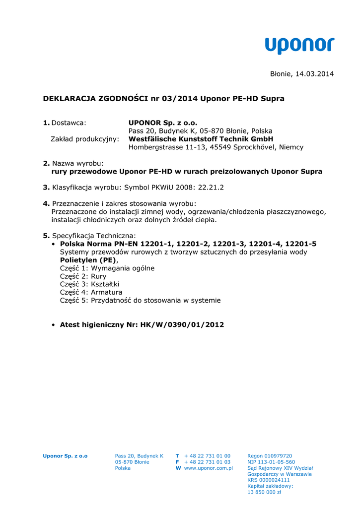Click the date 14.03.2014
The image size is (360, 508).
pyautogui.click(x=315, y=74)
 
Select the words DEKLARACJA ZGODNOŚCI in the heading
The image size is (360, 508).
pyautogui.click(x=95, y=99)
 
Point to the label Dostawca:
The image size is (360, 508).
pyautogui.click(x=69, y=123)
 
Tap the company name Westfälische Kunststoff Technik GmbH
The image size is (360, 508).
pyautogui.click(x=201, y=139)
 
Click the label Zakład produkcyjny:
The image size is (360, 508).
pyautogui.click(x=85, y=139)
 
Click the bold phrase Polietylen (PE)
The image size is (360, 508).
pyautogui.click(x=88, y=260)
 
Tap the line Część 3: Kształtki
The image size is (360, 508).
pyautogui.click(x=89, y=284)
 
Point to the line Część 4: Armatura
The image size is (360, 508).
pyautogui.click(x=91, y=292)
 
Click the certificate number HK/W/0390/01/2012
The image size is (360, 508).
pyautogui.click(x=182, y=325)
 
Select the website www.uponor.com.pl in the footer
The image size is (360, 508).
pyautogui.click(x=209, y=468)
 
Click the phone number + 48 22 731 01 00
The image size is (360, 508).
pyautogui.click(x=207, y=456)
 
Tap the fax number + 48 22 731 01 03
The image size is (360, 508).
pyautogui.click(x=207, y=462)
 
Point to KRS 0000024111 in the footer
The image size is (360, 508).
pyautogui.click(x=269, y=480)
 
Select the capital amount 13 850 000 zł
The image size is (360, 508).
pyautogui.click(x=264, y=492)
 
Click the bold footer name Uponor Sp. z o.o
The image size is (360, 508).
pyautogui.click(x=65, y=456)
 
